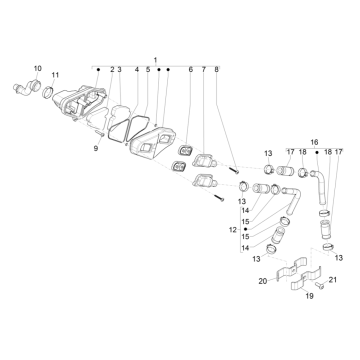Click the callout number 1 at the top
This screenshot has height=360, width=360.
click(155, 60)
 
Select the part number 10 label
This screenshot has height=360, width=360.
click(38, 68)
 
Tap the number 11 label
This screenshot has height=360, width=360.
click(55, 75)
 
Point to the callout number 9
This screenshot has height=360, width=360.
click(96, 149)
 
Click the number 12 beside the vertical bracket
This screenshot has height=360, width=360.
click(233, 230)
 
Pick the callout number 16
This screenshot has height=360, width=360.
click(314, 142)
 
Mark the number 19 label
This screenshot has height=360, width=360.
click(309, 296)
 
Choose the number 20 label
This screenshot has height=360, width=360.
click(263, 282)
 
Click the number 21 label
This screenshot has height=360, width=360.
click(333, 280)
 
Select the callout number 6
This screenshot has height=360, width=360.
click(191, 70)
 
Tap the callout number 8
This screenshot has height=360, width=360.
click(216, 70)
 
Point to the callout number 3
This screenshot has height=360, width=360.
click(119, 70)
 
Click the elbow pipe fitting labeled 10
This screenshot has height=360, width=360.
click(28, 87)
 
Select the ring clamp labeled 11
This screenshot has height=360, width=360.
click(48, 92)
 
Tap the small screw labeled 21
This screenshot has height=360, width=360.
click(320, 286)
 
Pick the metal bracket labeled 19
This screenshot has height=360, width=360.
click(306, 281)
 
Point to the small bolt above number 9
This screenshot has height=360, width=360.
click(100, 134)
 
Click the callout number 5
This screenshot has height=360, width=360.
click(148, 70)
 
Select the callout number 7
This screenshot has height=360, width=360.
click(204, 70)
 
